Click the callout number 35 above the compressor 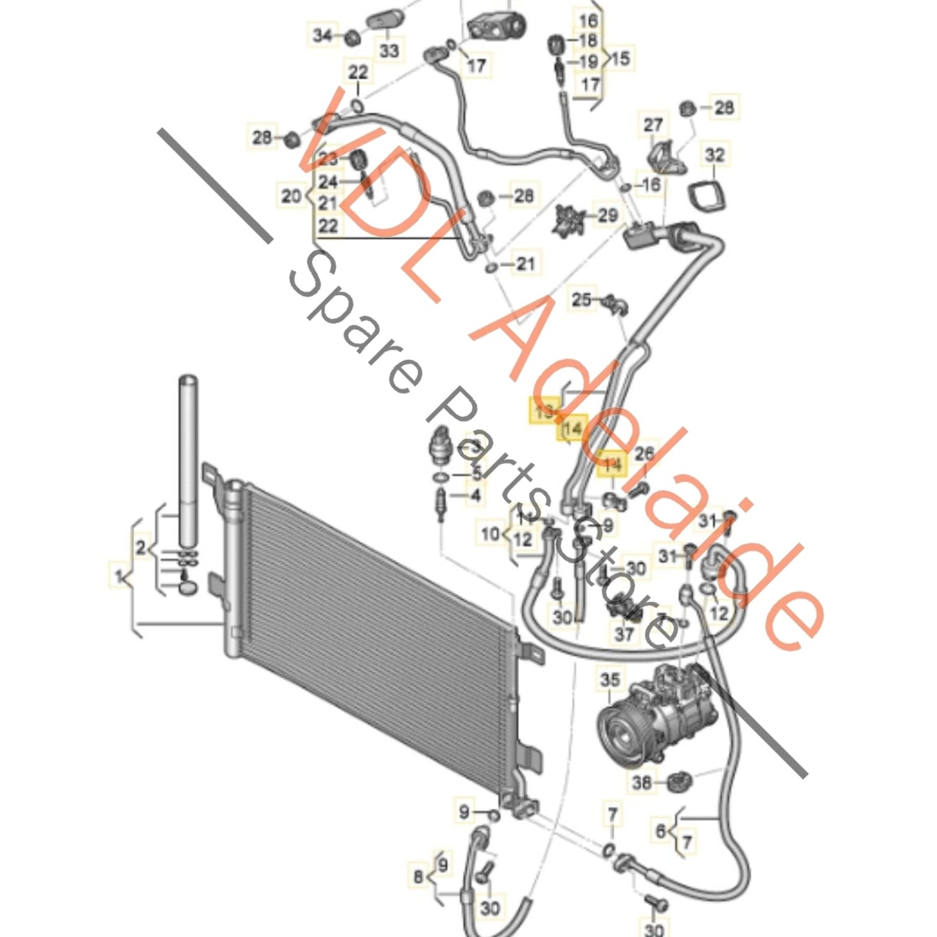point(610,680)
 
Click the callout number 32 point(715,155)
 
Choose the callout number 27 point(653,125)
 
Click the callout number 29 point(607,215)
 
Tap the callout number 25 point(581,300)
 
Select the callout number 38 point(641,783)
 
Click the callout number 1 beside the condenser point(119,575)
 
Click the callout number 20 point(291,195)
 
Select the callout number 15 point(621,58)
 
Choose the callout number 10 point(490,534)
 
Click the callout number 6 point(661,831)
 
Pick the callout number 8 point(418,877)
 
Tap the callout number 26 point(644,453)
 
